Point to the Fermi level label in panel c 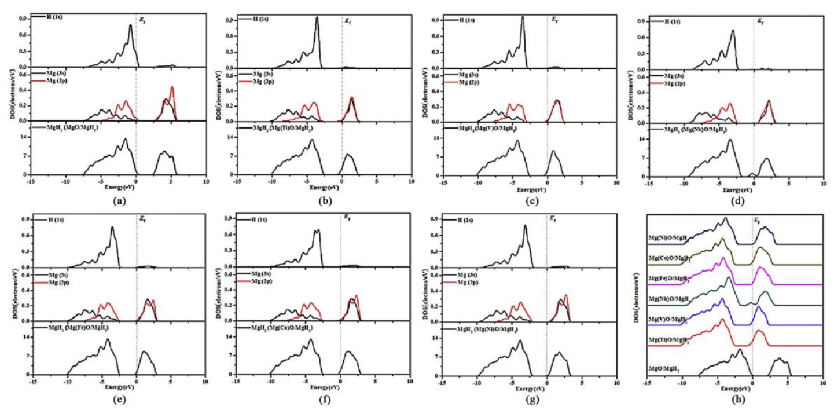pyautogui.click(x=554, y=20)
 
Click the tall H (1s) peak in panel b pyautogui.click(x=317, y=17)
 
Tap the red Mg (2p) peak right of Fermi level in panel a pyautogui.click(x=172, y=87)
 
